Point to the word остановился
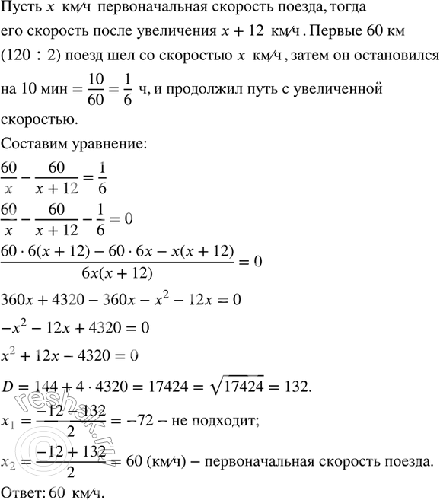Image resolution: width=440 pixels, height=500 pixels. tap(395, 58)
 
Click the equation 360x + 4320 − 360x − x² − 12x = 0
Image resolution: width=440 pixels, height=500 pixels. tap(122, 301)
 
